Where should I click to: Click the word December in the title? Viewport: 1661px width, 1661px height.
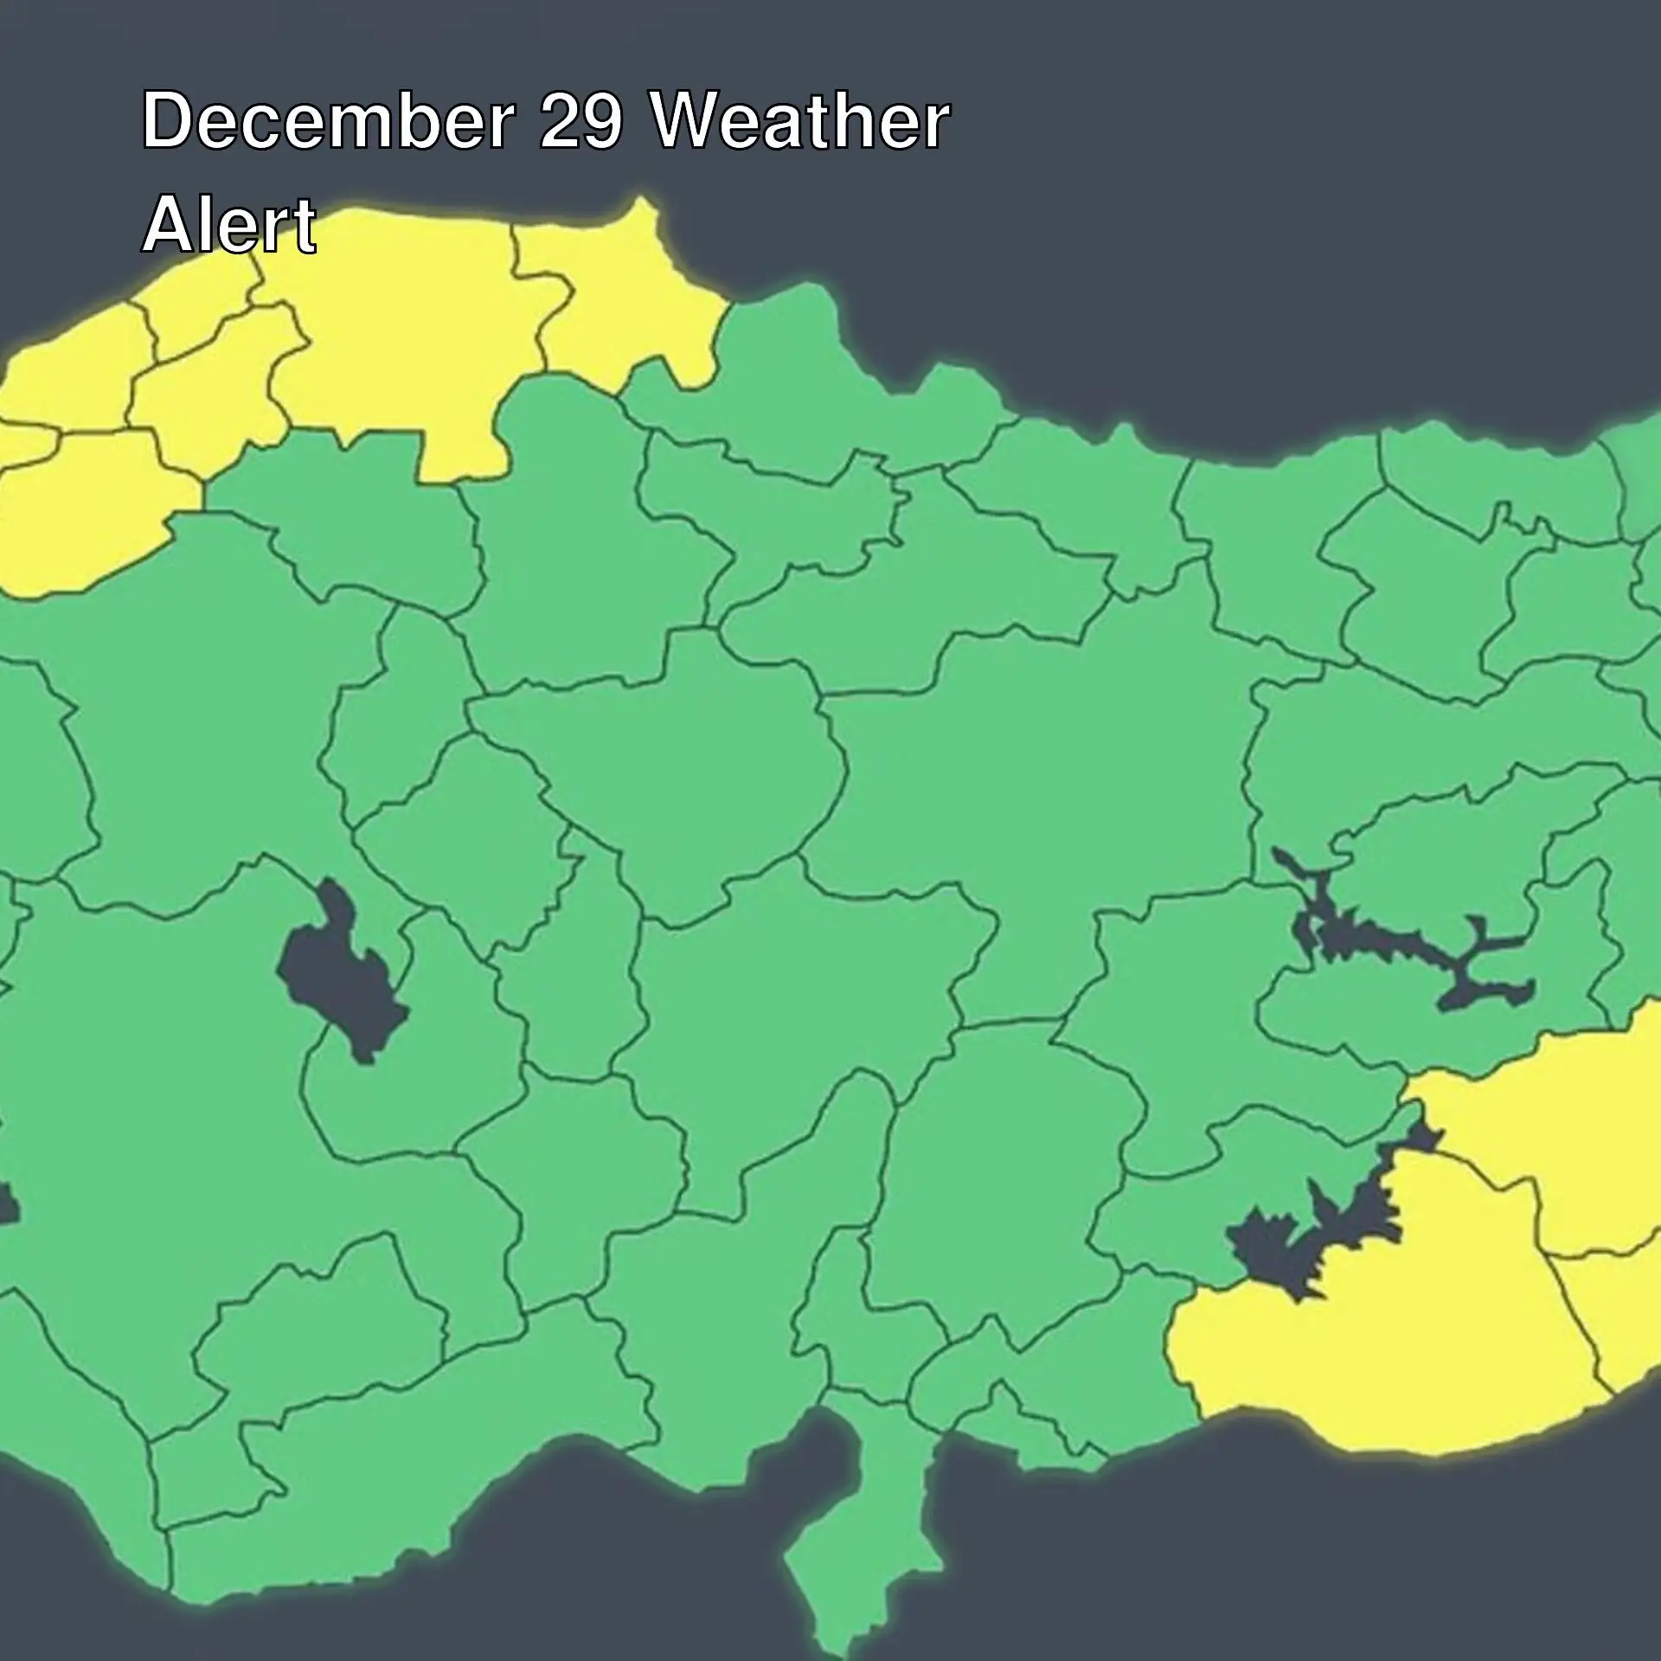pyautogui.click(x=327, y=121)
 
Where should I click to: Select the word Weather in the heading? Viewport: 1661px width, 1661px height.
pyautogui.click(x=799, y=121)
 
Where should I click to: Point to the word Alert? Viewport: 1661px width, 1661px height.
pyautogui.click(x=229, y=224)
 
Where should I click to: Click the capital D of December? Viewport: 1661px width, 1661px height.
pyautogui.click(x=167, y=121)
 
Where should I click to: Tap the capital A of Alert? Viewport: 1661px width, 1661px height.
pyautogui.click(x=167, y=224)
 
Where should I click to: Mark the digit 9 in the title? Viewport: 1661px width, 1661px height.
pyautogui.click(x=601, y=121)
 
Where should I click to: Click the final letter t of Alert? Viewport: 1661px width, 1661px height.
pyautogui.click(x=305, y=226)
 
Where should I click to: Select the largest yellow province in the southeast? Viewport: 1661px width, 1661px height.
pyautogui.click(x=1384, y=1350)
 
